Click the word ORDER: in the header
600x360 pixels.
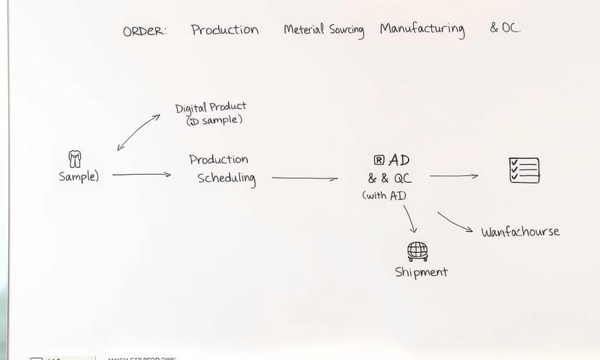pos(145,31)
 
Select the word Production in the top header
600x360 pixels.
pos(224,30)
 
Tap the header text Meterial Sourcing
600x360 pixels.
pos(323,30)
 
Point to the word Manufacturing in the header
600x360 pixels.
pos(421,30)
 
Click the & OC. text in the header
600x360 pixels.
pos(505,29)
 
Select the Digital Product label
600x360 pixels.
pos(210,107)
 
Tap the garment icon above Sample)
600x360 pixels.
pos(75,158)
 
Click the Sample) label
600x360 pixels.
pos(79,176)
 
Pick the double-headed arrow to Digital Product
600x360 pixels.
pos(139,132)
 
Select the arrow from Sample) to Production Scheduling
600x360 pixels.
pos(141,175)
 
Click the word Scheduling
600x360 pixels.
pos(226,178)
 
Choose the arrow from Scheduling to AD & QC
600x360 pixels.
pos(304,178)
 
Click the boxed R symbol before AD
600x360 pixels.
pos(379,160)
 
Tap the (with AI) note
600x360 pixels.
pos(385,195)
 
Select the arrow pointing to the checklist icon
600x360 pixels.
pos(454,176)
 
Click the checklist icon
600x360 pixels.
pos(523,170)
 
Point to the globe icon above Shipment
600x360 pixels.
pos(417,250)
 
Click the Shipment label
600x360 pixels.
pos(421,271)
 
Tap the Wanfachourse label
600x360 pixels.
pos(520,232)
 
